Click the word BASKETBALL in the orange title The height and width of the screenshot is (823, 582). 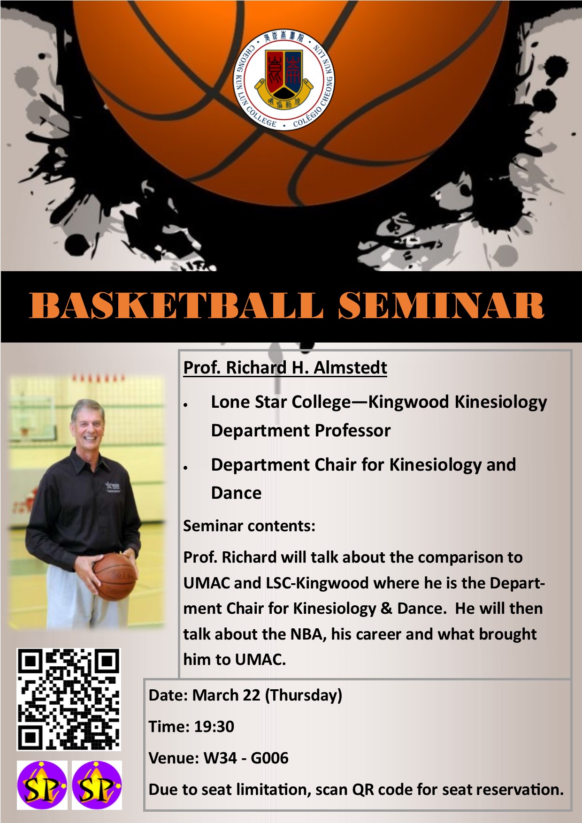click(x=176, y=305)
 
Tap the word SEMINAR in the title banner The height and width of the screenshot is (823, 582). click(x=441, y=305)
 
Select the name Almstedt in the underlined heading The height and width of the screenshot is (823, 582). click(x=350, y=367)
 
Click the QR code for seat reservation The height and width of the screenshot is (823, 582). click(x=69, y=700)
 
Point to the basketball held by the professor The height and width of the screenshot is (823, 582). click(x=115, y=576)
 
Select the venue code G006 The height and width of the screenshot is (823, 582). click(x=269, y=758)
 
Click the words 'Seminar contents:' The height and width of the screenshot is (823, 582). click(x=249, y=526)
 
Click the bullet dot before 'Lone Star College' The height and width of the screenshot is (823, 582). click(x=186, y=404)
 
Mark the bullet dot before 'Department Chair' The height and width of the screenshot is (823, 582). click(x=186, y=467)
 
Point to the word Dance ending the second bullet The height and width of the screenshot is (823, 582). click(x=236, y=493)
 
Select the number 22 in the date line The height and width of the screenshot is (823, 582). click(x=251, y=695)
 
